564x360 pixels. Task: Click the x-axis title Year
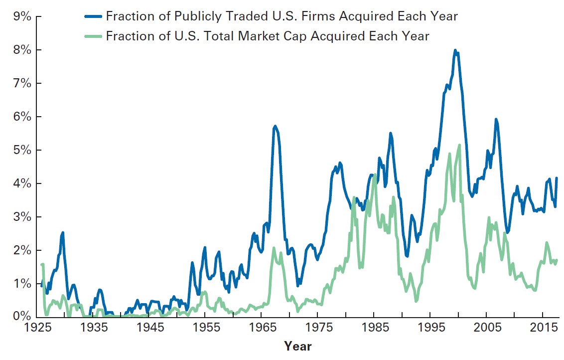[x=297, y=346]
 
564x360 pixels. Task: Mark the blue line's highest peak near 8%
[x=455, y=50]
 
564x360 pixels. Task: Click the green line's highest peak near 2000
[x=459, y=145]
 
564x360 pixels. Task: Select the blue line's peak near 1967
[x=275, y=126]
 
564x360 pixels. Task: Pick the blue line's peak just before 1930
[x=62, y=233]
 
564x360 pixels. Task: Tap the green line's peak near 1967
[x=274, y=248]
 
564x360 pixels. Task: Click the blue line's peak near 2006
[x=496, y=119]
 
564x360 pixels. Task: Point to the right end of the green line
[x=557, y=260]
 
